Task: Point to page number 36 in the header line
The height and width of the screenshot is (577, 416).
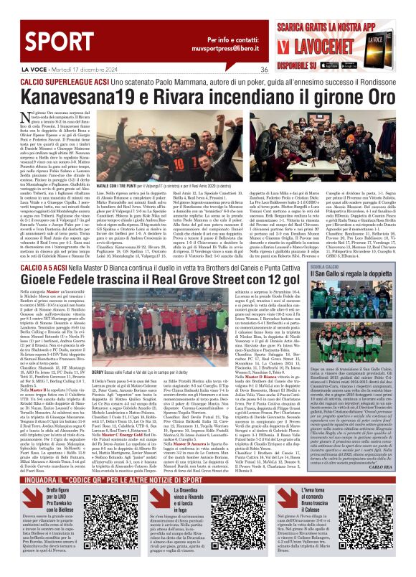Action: pos(243,70)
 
